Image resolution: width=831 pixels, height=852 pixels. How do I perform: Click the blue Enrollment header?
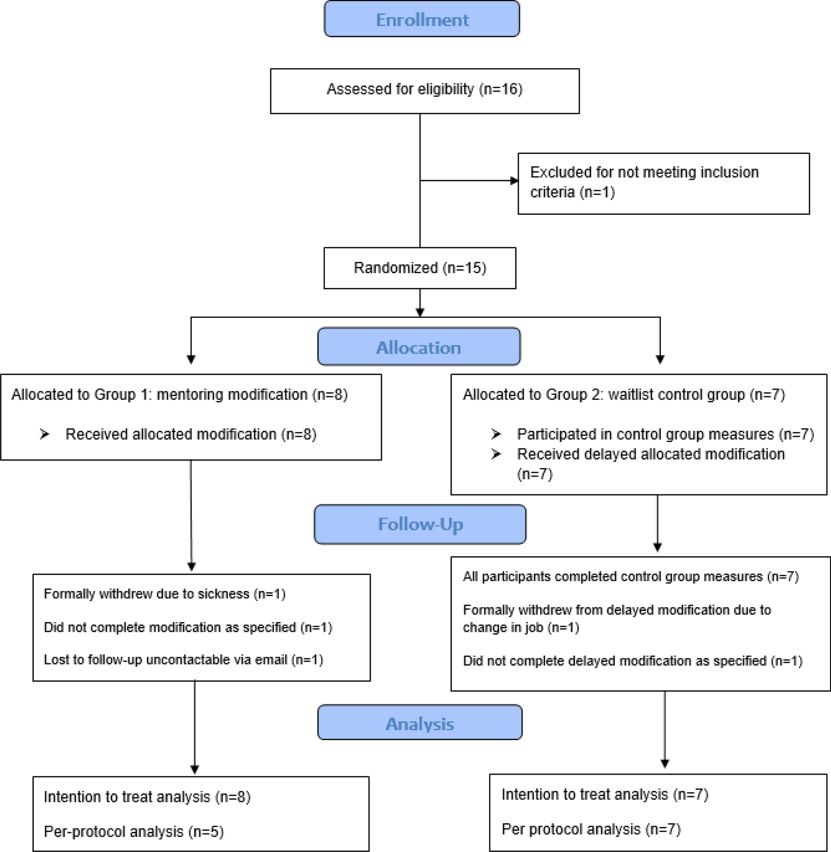[x=422, y=19]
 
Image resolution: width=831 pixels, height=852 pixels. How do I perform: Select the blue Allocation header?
[x=419, y=346]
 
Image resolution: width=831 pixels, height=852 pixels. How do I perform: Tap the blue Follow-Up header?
[x=420, y=524]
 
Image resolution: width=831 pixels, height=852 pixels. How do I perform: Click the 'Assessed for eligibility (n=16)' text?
[x=425, y=89]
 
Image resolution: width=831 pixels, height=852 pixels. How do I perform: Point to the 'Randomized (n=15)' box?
[x=420, y=268]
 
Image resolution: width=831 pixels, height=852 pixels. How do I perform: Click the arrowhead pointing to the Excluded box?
[x=514, y=181]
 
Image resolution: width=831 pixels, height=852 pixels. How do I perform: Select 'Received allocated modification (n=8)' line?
[x=191, y=434]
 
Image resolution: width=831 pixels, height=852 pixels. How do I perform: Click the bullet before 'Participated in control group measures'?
[x=496, y=434]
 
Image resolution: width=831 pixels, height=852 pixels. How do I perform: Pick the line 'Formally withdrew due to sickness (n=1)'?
[x=165, y=594]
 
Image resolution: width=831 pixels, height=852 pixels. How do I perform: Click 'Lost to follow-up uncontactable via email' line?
[x=184, y=660]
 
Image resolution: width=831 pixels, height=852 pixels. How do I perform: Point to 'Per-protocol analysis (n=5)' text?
[x=134, y=832]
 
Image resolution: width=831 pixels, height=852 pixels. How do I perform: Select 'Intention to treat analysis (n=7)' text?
[x=605, y=795]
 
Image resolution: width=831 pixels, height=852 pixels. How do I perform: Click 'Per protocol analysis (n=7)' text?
[x=591, y=829]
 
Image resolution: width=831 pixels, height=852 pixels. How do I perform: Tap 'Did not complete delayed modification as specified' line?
[x=633, y=661]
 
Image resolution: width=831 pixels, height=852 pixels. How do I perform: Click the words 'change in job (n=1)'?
[x=521, y=628]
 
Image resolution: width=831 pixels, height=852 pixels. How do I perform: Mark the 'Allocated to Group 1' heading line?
[x=180, y=394]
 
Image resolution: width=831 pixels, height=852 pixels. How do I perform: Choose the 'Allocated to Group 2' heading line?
[x=624, y=394]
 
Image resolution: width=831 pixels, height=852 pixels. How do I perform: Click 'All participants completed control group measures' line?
[x=631, y=576]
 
